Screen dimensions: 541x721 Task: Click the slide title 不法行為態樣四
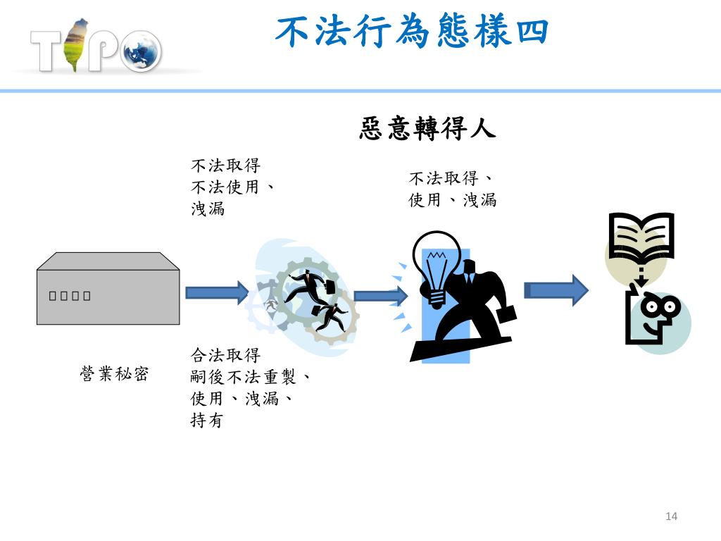point(412,32)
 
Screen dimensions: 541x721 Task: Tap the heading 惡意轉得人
point(427,129)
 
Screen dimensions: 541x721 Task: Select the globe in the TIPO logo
point(141,51)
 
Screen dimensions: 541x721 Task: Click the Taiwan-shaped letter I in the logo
point(75,46)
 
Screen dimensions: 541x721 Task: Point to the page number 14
point(670,517)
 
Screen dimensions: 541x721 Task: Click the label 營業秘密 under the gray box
point(114,373)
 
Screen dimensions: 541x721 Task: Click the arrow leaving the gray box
point(217,292)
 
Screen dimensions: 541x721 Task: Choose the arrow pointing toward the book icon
point(556,290)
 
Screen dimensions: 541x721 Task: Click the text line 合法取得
point(225,354)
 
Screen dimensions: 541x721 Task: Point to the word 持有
point(206,421)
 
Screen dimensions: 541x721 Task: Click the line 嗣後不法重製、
point(251,377)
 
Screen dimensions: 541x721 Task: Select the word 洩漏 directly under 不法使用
point(208,209)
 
